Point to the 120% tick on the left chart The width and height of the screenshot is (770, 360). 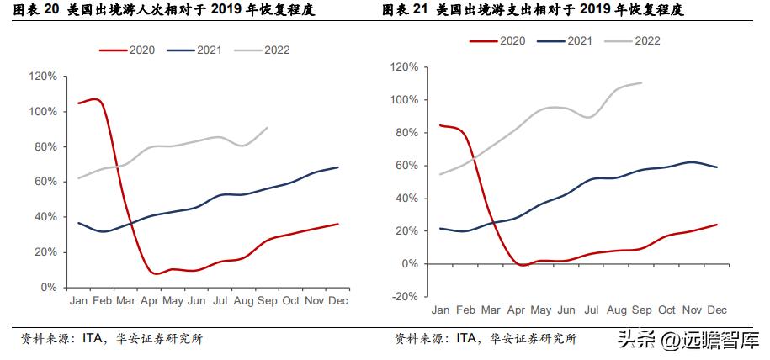(42, 77)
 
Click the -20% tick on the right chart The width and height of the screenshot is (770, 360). (404, 296)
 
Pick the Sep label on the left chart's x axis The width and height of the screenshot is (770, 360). (267, 299)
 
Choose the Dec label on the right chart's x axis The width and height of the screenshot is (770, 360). (716, 310)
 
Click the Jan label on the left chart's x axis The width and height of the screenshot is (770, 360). (78, 299)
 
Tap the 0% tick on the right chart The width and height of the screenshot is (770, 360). (409, 263)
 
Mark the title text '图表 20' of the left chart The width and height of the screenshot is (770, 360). (40, 10)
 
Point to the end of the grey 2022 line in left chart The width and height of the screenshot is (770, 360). (268, 128)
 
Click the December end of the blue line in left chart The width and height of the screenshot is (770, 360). (338, 167)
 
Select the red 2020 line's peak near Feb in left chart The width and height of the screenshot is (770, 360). (96, 99)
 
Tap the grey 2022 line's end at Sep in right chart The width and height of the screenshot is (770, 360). (641, 82)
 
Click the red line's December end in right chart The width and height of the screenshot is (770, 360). (716, 225)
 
